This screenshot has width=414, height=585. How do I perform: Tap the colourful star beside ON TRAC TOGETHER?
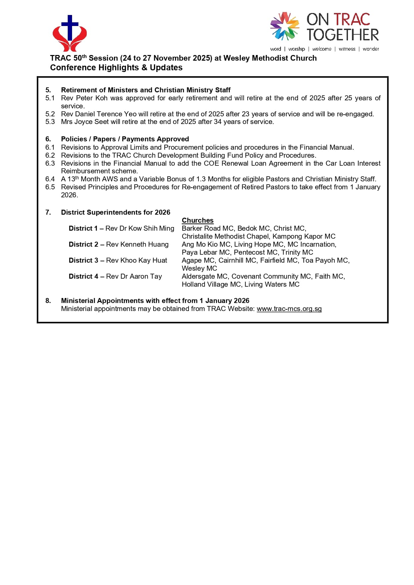click(285, 26)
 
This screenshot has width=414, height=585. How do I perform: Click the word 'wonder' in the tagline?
click(371, 49)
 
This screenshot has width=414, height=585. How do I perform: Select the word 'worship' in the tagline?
click(297, 49)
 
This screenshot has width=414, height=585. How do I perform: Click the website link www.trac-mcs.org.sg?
click(289, 309)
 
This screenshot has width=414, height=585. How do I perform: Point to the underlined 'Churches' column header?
click(197, 220)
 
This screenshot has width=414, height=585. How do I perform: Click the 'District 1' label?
click(83, 228)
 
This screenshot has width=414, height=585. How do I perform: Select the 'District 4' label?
click(83, 276)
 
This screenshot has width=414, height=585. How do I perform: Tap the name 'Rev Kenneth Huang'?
click(137, 244)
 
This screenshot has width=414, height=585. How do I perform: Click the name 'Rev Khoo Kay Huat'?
click(136, 260)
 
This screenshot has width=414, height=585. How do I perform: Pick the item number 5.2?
click(50, 114)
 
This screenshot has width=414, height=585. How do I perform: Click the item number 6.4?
click(50, 179)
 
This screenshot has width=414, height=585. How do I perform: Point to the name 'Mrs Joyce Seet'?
click(85, 122)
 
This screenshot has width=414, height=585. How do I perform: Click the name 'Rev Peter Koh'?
click(84, 98)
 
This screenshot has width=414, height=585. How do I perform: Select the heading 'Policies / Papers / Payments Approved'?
click(125, 139)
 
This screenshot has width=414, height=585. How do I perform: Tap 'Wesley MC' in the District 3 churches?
click(199, 268)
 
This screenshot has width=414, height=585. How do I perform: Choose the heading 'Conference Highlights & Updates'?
click(116, 68)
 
